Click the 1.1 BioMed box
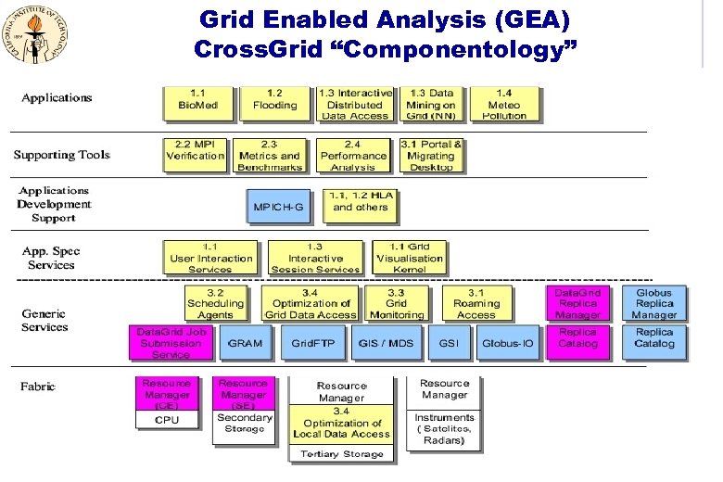coord(198,105)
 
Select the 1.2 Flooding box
coord(275,105)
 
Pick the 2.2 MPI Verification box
coord(196,155)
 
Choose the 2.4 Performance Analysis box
coord(353,155)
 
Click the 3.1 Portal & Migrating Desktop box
coord(431,155)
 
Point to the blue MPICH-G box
coord(278,207)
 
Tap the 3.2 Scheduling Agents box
coord(216,303)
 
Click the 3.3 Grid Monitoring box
coord(396,303)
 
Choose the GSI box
coord(450,343)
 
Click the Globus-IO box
coord(507,343)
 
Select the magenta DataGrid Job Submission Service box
coord(171,343)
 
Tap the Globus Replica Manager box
coord(654,303)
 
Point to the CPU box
coord(168,420)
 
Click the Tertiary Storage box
coord(341,453)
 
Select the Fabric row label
coord(38,387)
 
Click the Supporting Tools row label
coord(62,154)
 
